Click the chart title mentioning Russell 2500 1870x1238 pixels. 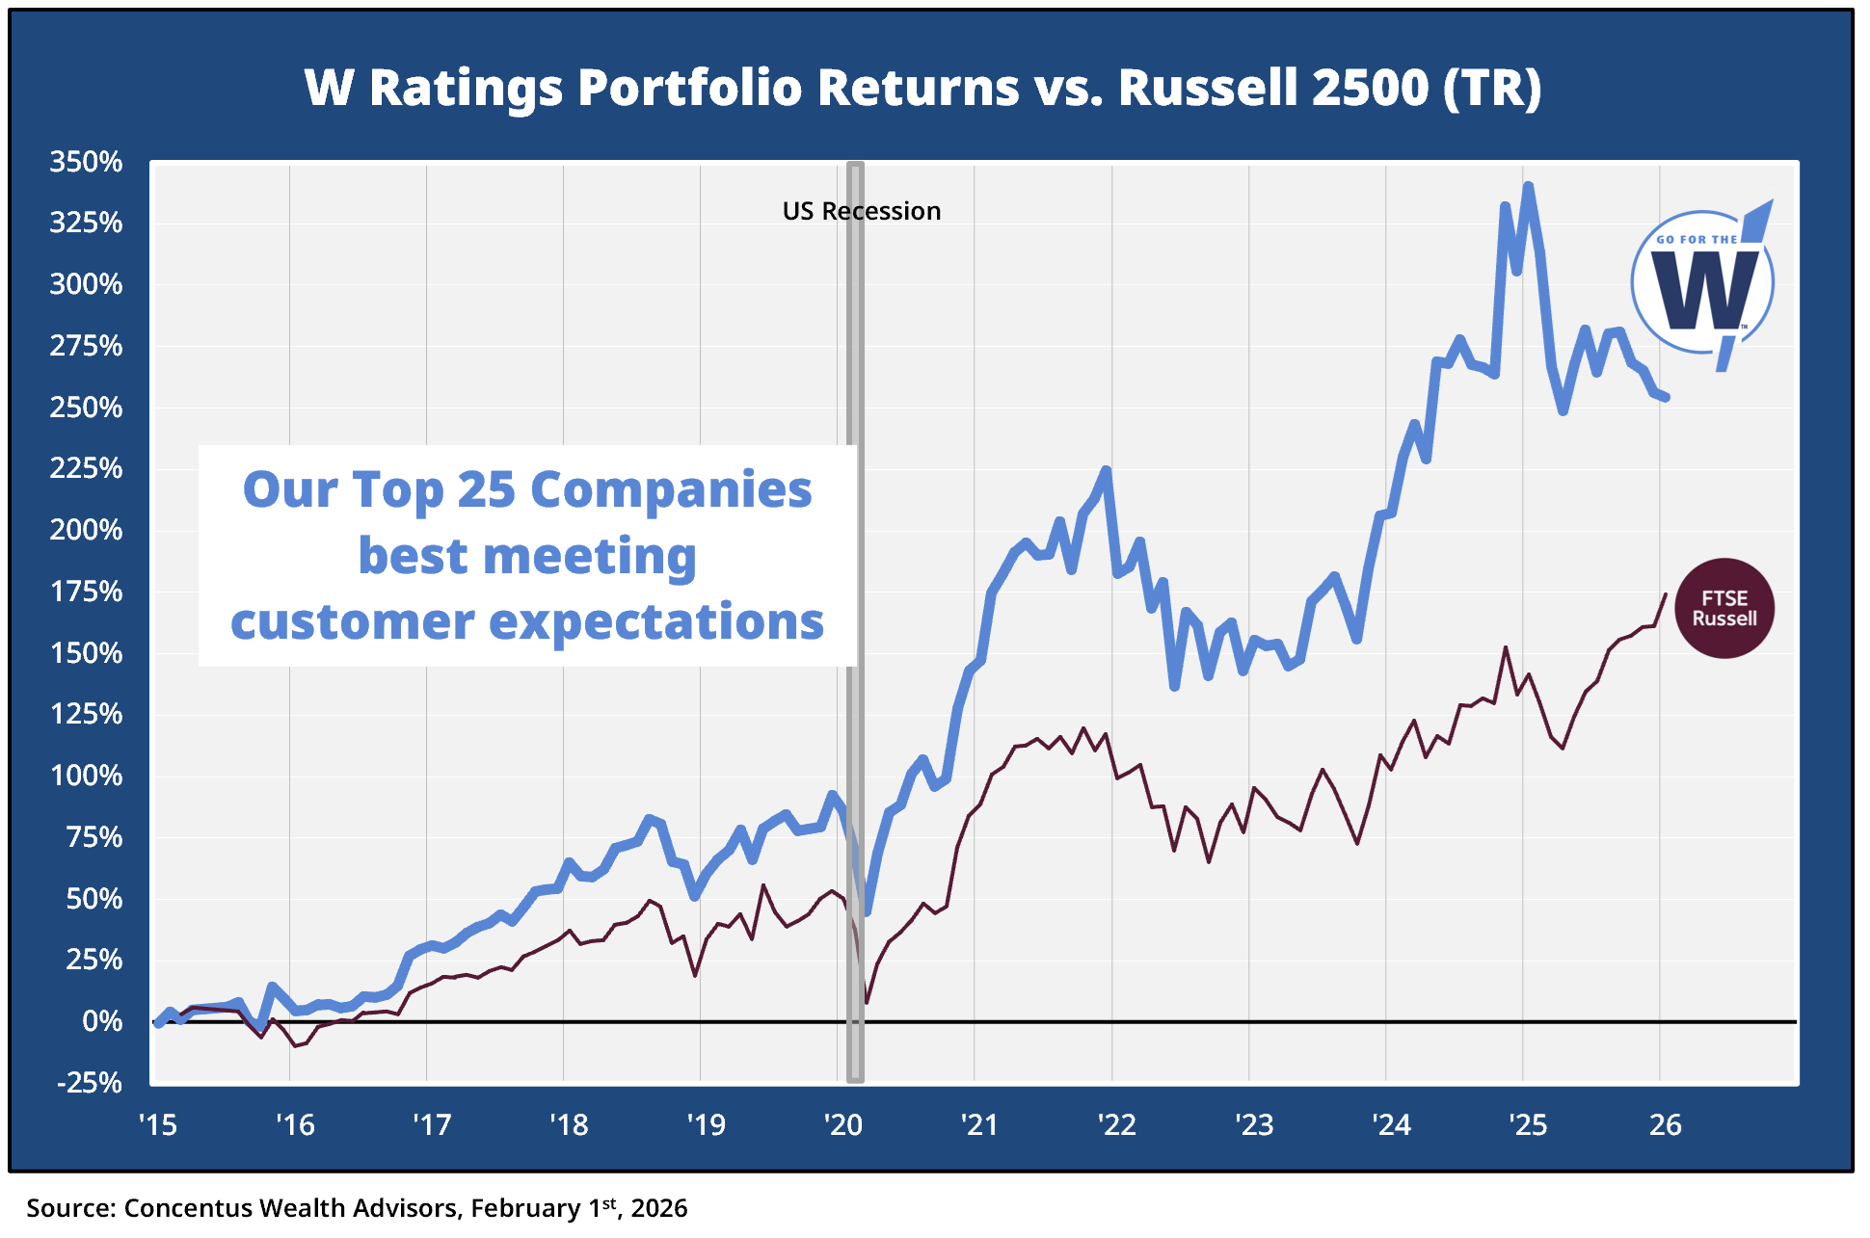click(x=922, y=88)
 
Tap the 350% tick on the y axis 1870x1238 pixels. click(x=87, y=162)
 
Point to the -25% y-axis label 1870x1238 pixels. click(x=90, y=1083)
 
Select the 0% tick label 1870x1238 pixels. click(x=102, y=1021)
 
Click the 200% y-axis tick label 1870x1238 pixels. click(x=87, y=530)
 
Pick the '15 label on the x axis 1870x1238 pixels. click(x=158, y=1124)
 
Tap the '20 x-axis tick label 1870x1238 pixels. click(x=842, y=1124)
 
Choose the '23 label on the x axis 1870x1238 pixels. click(x=1254, y=1124)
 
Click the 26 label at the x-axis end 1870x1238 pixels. click(x=1666, y=1124)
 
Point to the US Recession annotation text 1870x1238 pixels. click(x=861, y=211)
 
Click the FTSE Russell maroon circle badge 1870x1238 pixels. click(x=1724, y=609)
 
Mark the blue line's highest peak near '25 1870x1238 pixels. click(x=1528, y=186)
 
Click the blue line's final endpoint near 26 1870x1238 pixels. click(x=1666, y=397)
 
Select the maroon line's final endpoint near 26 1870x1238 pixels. click(x=1666, y=594)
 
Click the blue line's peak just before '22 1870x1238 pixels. click(x=1106, y=470)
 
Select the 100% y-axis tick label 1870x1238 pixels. click(x=87, y=776)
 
